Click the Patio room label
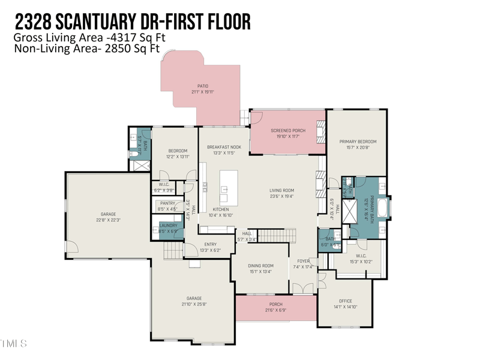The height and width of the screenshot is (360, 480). click(203, 86)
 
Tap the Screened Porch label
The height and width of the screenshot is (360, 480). click(288, 130)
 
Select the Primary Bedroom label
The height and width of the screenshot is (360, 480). click(356, 142)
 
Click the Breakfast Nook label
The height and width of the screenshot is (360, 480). click(224, 146)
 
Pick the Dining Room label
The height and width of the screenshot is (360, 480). click(261, 265)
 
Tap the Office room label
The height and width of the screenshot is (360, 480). click(345, 301)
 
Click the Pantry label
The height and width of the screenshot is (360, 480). click(167, 203)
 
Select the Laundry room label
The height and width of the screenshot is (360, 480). click(168, 226)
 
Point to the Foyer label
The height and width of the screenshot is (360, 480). click(301, 261)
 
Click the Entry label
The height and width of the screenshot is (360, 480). click(210, 244)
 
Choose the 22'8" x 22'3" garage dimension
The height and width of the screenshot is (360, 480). click(108, 220)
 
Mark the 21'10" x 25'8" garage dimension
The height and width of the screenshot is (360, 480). click(194, 304)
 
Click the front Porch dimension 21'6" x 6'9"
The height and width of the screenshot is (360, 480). click(275, 310)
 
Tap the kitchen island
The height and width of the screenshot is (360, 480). click(228, 188)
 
